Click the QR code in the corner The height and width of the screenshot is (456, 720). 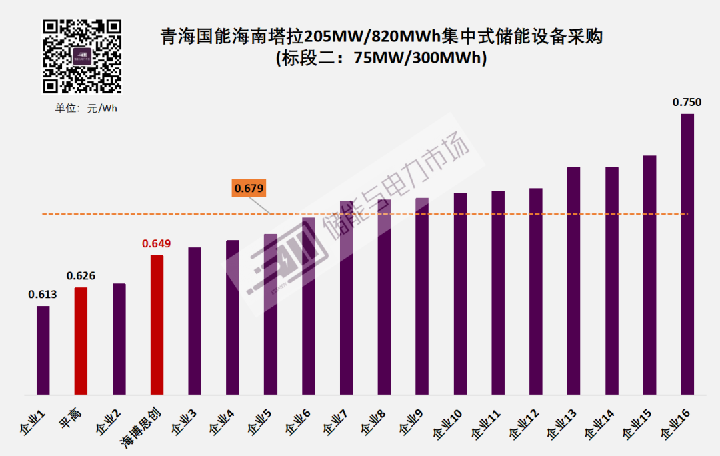coord(83,56)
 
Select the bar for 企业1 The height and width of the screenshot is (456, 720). coord(43,350)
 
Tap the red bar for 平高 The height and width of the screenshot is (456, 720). coord(81,341)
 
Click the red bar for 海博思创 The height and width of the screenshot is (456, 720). coord(157,325)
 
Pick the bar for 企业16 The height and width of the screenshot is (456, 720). coord(687,254)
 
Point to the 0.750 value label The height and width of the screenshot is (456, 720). coord(687,102)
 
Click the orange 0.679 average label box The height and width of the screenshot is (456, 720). coord(249,189)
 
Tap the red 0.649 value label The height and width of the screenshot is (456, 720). coord(157,244)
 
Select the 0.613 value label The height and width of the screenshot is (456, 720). coord(43,295)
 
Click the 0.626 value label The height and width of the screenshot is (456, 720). coord(81,276)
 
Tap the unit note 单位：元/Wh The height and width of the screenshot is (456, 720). coord(86,109)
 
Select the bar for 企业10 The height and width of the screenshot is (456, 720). coord(460,294)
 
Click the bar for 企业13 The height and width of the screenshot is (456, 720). coord(573,281)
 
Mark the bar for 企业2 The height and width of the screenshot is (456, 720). coord(119,339)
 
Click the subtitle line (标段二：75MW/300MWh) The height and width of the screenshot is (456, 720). coord(381,58)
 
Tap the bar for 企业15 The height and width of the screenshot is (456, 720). coord(649,275)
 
